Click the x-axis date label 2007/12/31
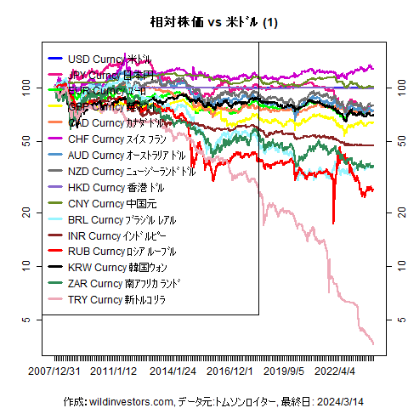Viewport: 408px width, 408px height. (54, 371)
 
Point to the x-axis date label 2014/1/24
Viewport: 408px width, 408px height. (172, 371)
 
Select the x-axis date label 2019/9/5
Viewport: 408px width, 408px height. (284, 371)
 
